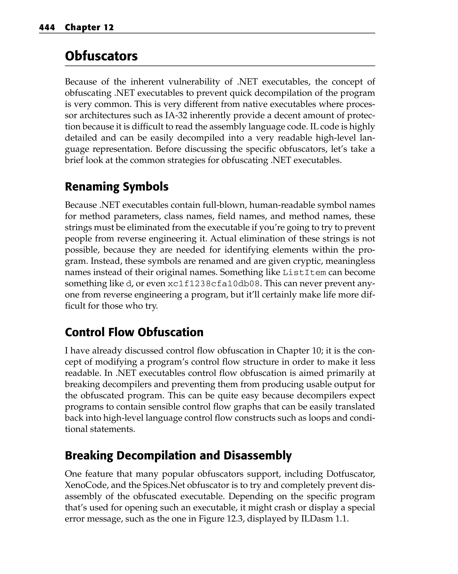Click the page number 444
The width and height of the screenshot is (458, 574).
point(47,28)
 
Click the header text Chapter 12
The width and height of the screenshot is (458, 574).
point(89,28)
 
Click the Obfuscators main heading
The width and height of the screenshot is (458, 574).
point(101,56)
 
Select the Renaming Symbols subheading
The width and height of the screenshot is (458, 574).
point(117,187)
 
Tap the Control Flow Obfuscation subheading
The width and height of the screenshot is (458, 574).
point(134,332)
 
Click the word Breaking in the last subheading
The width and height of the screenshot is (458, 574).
point(89,455)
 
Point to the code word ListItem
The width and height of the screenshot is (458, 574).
point(304,273)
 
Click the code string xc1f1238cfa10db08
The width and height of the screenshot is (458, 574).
point(214,284)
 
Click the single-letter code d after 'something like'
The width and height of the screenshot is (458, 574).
point(129,284)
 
